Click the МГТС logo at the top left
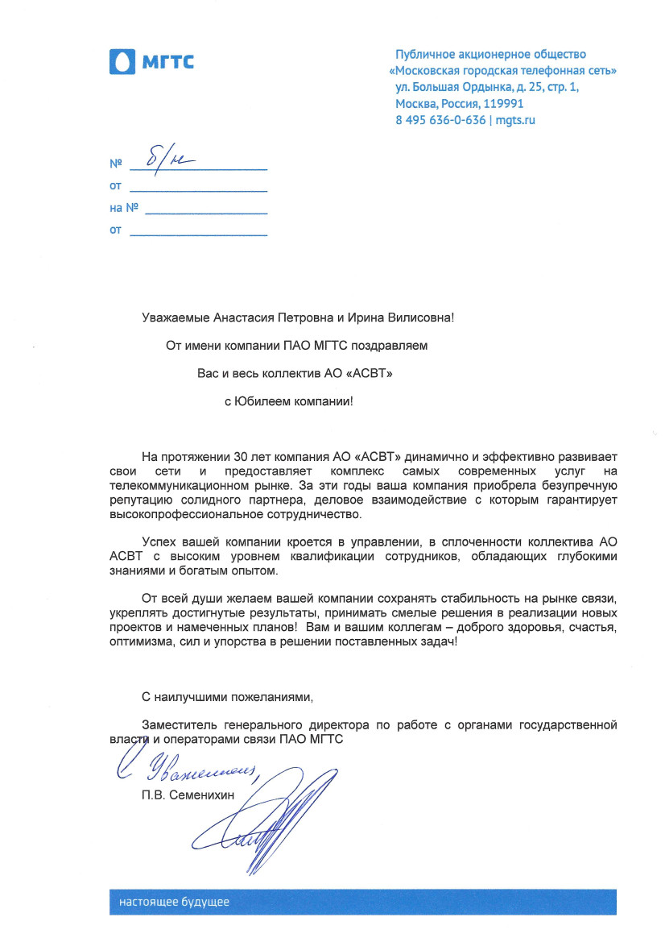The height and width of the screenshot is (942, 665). pos(151,61)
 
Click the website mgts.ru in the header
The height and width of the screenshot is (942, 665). pos(515,120)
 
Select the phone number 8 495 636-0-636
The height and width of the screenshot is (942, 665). pos(440,120)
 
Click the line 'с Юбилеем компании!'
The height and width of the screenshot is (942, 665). pos(288,400)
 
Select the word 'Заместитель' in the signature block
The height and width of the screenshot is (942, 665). pos(176,724)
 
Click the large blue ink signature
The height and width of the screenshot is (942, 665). pos(266,826)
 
